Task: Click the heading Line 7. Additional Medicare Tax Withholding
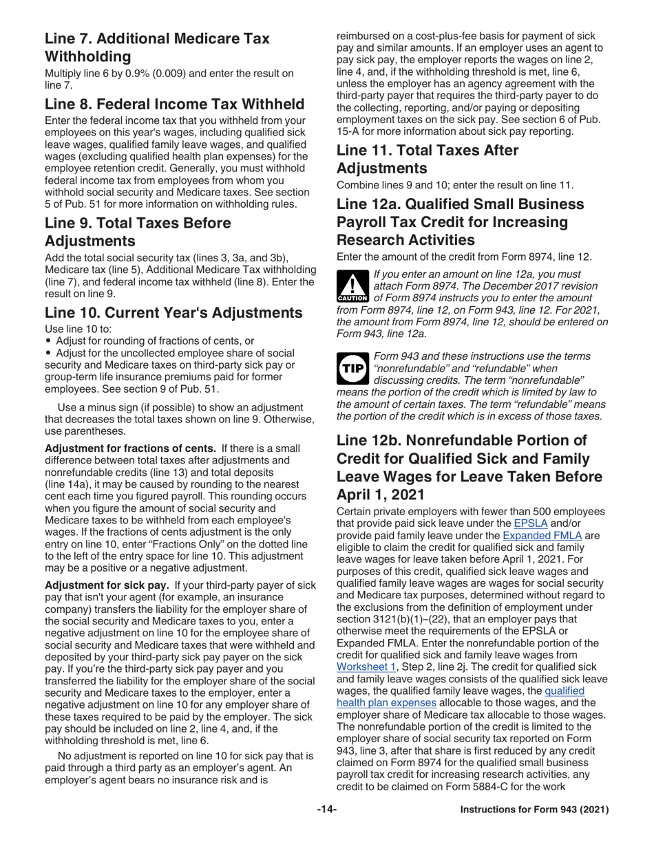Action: point(157,47)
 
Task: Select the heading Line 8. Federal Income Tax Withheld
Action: point(174,105)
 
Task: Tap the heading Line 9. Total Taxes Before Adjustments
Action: point(138,232)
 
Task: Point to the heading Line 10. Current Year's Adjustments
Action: point(173,313)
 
